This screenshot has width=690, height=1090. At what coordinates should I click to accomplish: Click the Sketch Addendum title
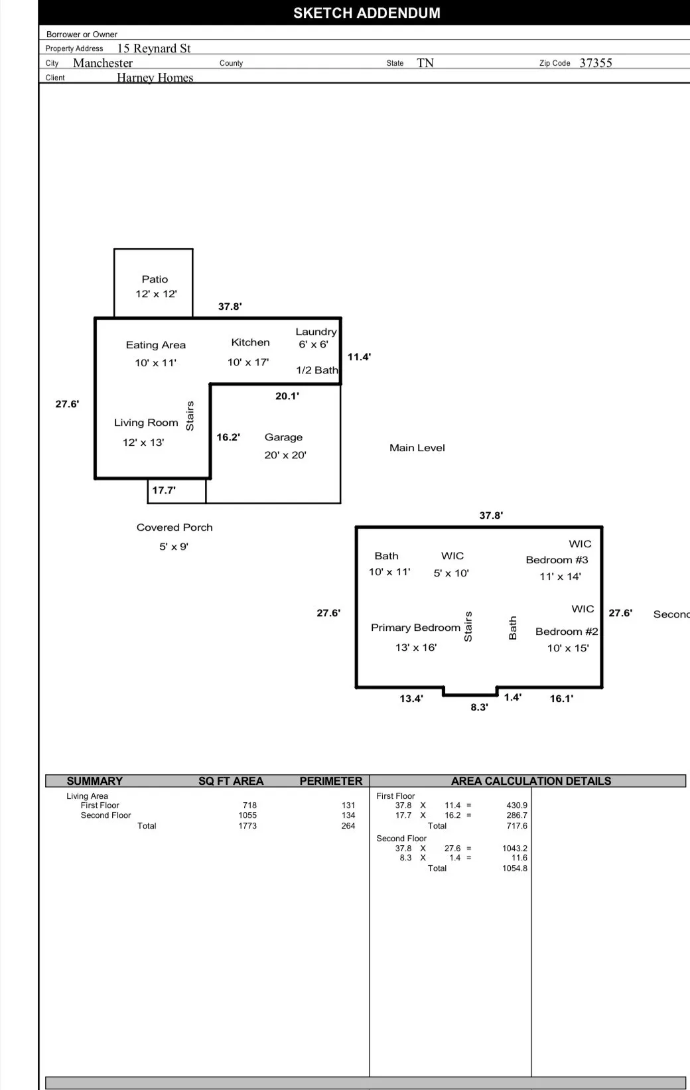[x=366, y=13]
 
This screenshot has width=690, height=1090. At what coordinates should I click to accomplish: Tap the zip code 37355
[x=595, y=63]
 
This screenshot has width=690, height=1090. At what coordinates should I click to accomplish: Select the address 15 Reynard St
[x=154, y=48]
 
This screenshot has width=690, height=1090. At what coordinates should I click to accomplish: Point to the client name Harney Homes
[x=155, y=78]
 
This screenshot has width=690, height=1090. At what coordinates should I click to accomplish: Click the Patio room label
[x=155, y=279]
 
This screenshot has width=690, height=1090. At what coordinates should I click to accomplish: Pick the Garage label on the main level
[x=283, y=437]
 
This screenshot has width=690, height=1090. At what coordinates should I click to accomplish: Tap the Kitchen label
[x=250, y=342]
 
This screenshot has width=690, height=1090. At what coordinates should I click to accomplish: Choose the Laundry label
[x=316, y=332]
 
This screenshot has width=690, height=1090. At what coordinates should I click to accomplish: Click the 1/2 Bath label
[x=316, y=370]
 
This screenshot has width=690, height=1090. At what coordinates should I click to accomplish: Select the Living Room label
[x=146, y=423]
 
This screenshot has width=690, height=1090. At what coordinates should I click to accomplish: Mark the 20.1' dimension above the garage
[x=287, y=396]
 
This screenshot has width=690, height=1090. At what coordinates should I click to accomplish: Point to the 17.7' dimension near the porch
[x=164, y=490]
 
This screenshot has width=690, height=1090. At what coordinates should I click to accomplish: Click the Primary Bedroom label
[x=415, y=628]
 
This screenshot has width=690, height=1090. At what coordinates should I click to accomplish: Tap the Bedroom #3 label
[x=557, y=560]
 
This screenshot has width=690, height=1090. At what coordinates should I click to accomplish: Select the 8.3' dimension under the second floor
[x=479, y=707]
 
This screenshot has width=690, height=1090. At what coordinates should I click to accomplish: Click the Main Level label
[x=417, y=448]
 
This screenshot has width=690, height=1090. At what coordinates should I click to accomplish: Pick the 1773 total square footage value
[x=247, y=826]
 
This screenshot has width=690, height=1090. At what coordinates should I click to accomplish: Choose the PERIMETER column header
[x=330, y=781]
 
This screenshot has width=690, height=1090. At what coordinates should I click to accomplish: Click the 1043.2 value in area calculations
[x=514, y=849]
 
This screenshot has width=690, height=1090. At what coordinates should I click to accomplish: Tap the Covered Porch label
[x=174, y=527]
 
